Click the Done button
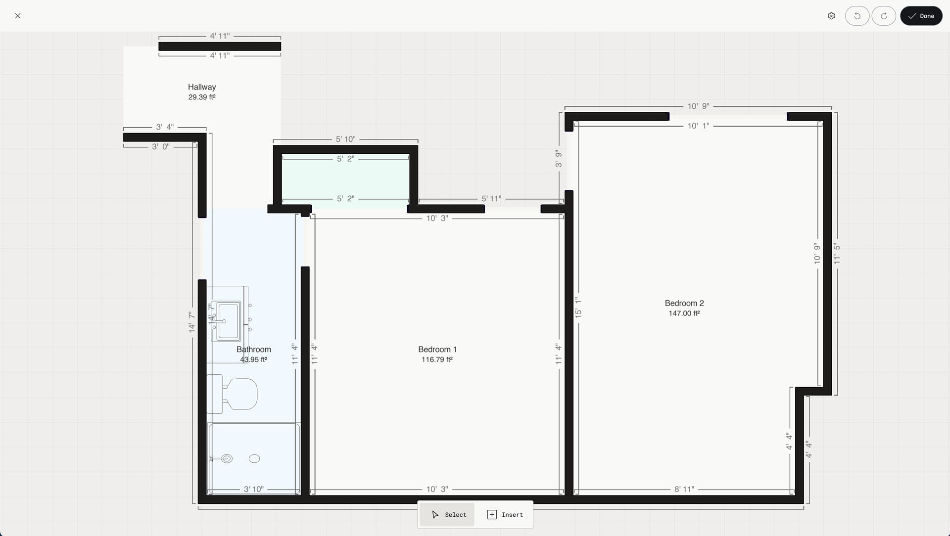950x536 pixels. tap(921, 16)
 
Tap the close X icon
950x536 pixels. tap(18, 16)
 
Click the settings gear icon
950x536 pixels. tap(831, 16)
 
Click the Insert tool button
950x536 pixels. tap(505, 515)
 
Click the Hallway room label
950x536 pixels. tap(202, 87)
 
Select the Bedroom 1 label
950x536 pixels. tap(437, 350)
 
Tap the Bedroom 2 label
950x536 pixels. tap(684, 303)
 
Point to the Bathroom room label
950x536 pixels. tap(254, 350)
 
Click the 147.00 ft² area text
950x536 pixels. tap(684, 313)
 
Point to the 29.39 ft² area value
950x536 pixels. tap(202, 97)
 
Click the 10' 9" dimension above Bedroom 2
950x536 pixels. tap(698, 106)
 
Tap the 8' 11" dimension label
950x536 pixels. tap(684, 490)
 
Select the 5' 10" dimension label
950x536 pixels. tap(345, 139)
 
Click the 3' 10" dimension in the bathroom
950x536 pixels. tap(254, 490)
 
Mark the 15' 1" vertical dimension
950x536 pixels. tap(578, 308)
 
